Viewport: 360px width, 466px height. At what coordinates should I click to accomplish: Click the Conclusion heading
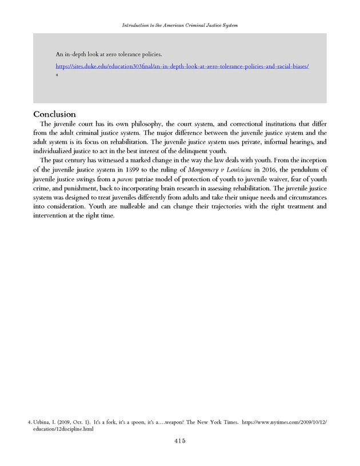[54, 114]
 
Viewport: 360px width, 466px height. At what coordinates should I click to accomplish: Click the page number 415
[180, 441]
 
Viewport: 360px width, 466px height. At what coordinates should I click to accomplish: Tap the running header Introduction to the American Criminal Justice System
[180, 26]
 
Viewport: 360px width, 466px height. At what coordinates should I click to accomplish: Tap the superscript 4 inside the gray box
[57, 74]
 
